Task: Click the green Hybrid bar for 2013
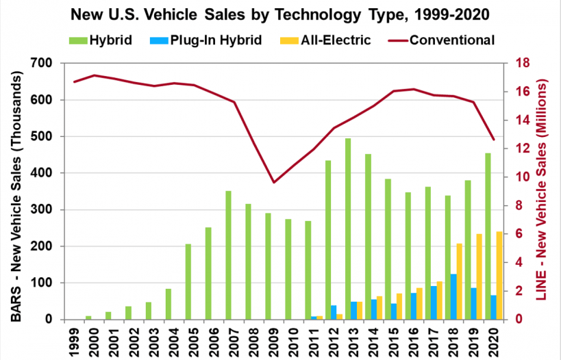point(347,229)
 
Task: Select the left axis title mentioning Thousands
point(17,191)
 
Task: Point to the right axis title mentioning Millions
point(543,191)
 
